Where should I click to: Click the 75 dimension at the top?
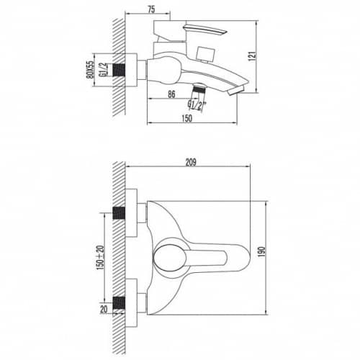coord(151,9)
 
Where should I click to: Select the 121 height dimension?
coord(253,56)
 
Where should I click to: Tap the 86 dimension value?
coord(171,94)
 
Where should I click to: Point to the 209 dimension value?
coord(191,162)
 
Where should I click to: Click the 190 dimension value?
coord(261,251)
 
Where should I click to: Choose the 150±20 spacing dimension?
coord(101,258)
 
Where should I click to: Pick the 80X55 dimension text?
coord(90,70)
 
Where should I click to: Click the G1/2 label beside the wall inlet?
coord(102,70)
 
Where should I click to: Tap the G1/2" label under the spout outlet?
coord(197,105)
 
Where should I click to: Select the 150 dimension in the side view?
coord(187,118)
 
